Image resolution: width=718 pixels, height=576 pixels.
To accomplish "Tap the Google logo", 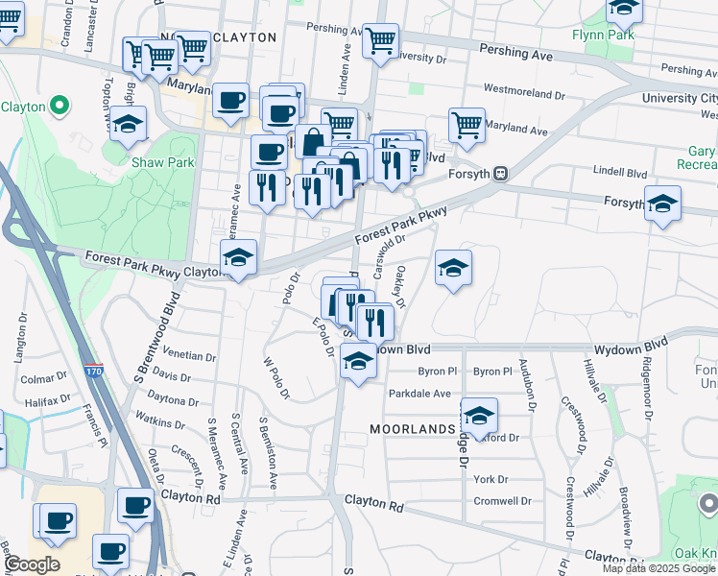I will [x=32, y=564].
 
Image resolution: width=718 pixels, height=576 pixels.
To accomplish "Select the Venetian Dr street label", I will [x=189, y=355].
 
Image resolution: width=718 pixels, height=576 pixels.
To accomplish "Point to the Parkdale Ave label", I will [x=419, y=394].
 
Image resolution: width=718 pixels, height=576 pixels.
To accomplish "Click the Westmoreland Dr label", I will [x=524, y=94].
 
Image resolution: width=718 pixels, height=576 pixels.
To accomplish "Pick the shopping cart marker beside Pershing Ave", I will [x=381, y=41].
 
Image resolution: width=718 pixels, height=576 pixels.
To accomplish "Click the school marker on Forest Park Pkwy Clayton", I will [x=239, y=257].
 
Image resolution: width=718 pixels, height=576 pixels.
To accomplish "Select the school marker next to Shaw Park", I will [x=128, y=125].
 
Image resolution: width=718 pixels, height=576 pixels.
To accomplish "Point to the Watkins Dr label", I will [x=160, y=421].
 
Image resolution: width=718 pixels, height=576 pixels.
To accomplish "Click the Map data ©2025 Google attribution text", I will [x=658, y=568].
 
